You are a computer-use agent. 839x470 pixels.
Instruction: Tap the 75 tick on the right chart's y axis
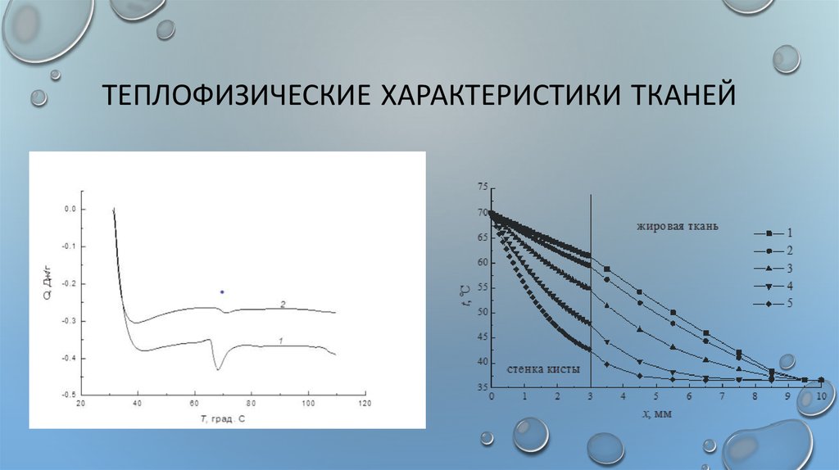click(x=481, y=188)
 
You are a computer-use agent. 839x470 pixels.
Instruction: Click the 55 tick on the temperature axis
click(x=481, y=287)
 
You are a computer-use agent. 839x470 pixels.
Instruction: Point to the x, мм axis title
click(x=656, y=414)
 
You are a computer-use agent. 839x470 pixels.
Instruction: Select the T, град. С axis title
click(x=223, y=418)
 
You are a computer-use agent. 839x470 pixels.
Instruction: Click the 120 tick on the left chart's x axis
click(x=365, y=404)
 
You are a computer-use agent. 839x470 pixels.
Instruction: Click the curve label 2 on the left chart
click(x=282, y=304)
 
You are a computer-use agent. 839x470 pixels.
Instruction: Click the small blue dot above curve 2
click(x=221, y=291)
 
